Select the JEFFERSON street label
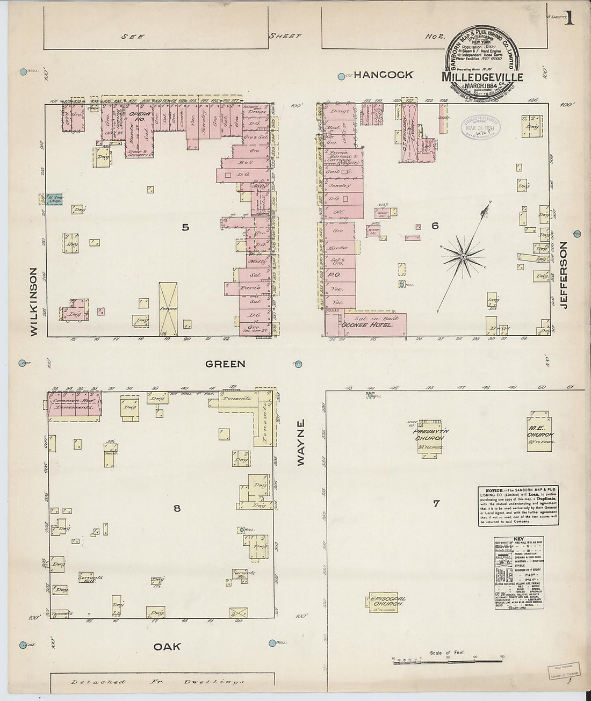(564, 275)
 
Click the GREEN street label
(226, 364)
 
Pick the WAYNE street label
(301, 442)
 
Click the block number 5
(185, 227)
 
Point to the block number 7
(436, 503)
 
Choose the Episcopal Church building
(386, 602)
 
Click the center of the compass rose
(463, 258)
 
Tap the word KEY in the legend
(519, 539)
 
